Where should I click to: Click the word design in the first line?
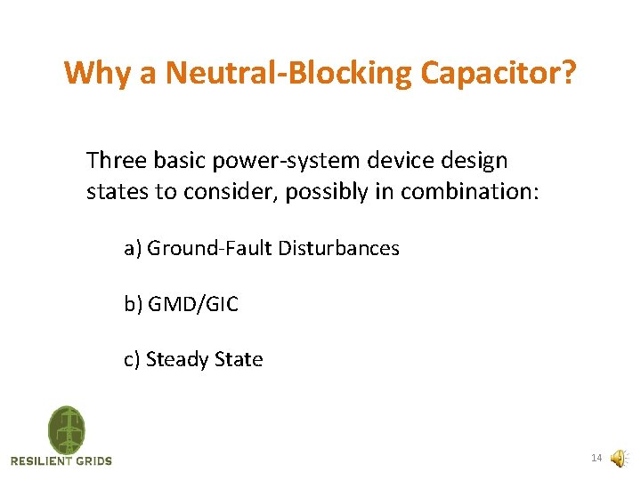click(476, 162)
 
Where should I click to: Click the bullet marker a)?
click(133, 249)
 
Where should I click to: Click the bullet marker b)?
click(133, 305)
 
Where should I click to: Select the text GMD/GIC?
click(193, 305)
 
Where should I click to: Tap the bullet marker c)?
click(133, 360)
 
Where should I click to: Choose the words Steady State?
click(204, 360)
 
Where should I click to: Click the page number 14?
click(596, 459)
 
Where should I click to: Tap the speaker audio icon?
click(617, 459)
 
